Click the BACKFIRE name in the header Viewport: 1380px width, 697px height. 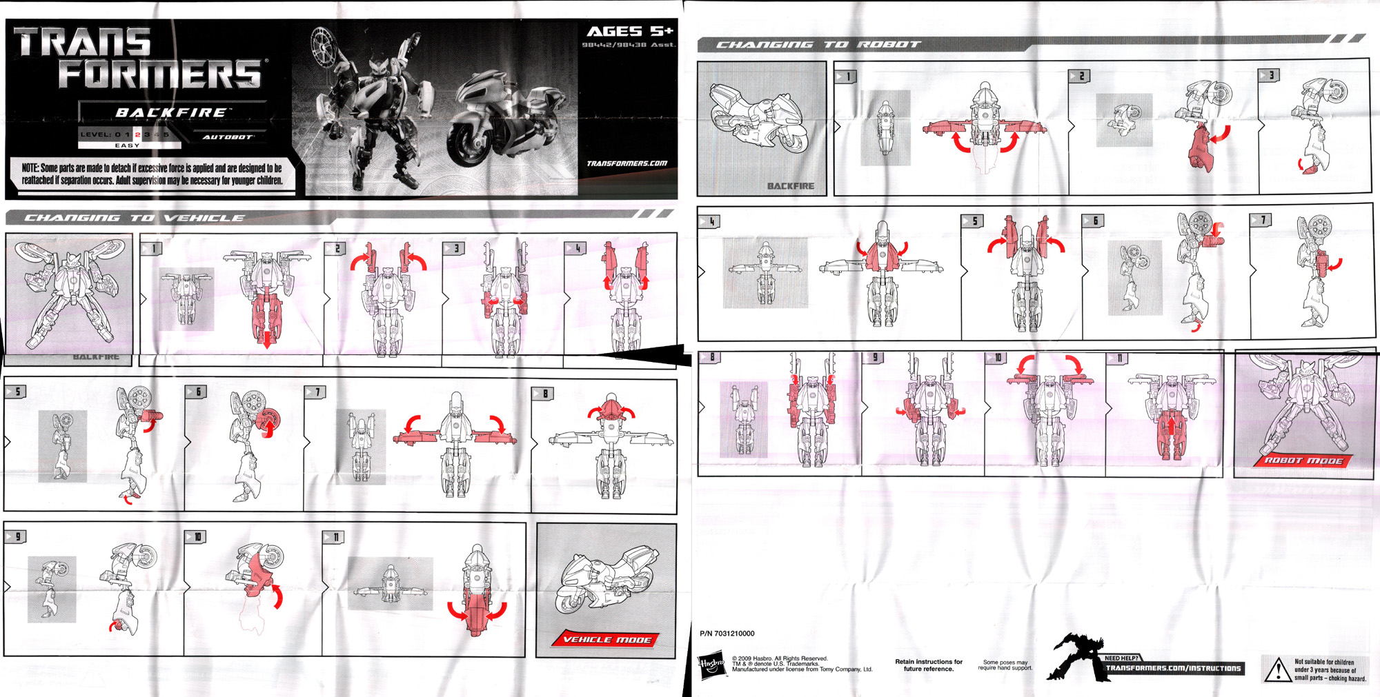170,112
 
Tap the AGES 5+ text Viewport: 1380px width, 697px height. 629,31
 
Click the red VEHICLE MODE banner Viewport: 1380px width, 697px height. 607,639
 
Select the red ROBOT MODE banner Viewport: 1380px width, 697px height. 1303,461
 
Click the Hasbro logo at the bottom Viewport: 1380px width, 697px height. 712,665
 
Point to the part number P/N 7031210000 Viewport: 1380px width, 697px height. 727,633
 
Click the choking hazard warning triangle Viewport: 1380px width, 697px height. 1277,669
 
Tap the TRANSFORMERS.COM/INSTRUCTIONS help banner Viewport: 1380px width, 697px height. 1172,668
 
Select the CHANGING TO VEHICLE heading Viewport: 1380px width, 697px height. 134,218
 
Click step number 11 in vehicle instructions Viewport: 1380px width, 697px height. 333,536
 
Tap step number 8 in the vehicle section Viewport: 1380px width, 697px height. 544,394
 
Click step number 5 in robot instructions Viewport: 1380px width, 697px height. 974,221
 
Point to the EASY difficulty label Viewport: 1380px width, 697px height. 127,145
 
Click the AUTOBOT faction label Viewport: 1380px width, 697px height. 228,137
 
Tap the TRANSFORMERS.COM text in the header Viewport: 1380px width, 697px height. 627,163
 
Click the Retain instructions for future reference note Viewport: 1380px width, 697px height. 928,665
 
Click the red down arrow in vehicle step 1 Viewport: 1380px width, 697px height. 266,338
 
